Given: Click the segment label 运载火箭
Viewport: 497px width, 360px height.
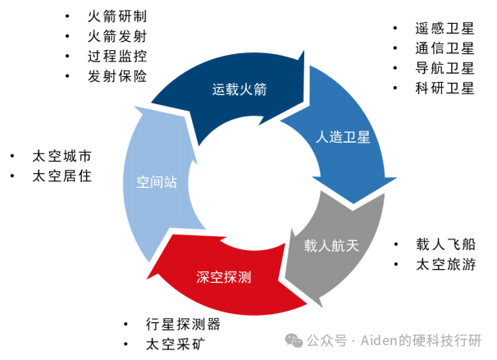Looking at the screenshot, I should point(239,89).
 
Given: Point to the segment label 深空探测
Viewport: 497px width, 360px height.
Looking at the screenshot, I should point(224,276).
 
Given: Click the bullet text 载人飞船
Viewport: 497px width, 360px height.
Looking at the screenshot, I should point(445,244).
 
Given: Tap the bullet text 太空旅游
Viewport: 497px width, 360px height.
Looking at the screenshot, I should point(445,264).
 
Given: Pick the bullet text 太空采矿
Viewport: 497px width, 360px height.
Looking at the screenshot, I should point(175,344).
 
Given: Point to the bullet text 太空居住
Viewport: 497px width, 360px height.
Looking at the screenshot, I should point(62,175).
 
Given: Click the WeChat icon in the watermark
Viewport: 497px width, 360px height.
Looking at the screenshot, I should point(294,340).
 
